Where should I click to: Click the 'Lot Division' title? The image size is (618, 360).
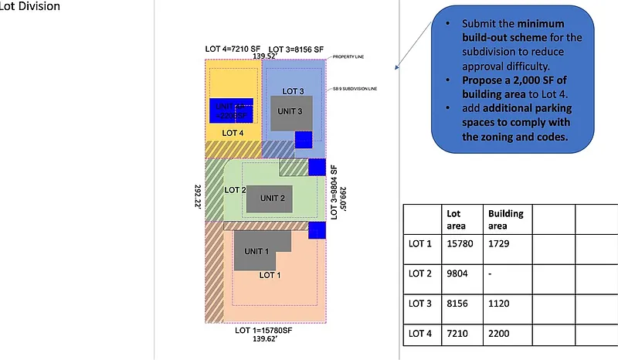point(30,6)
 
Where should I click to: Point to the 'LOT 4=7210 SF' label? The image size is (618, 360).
point(231,48)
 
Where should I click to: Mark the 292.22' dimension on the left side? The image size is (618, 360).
point(197,195)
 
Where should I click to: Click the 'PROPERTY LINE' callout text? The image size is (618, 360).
point(349,58)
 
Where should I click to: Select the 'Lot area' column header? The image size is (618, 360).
point(456,218)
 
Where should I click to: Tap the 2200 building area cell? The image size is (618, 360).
point(499,335)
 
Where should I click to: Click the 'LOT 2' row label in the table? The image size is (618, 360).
point(419,274)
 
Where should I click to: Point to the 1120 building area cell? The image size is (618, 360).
point(499,305)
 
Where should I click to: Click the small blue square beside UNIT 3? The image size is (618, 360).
point(304,140)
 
